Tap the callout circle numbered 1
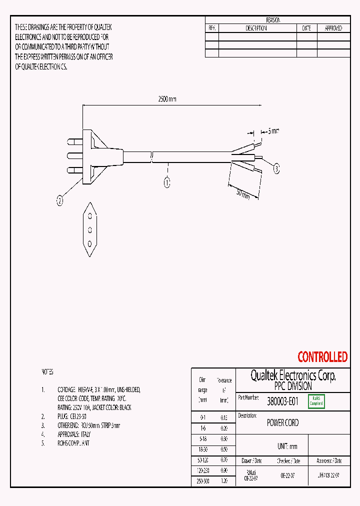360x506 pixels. tap(167, 182)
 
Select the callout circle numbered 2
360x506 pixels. tap(60, 201)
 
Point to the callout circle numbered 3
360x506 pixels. tap(276, 169)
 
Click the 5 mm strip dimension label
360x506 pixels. tap(273, 131)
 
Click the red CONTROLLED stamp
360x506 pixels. tap(322, 357)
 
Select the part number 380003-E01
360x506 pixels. tap(282, 401)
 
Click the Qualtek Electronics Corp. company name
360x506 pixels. tap(292, 376)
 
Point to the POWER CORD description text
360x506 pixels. tap(282, 422)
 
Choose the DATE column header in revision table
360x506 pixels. tap(306, 28)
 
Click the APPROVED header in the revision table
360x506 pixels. tap(333, 28)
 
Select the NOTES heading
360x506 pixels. tap(46, 372)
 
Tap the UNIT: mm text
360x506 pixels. tap(287, 446)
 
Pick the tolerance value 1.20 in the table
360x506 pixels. tap(224, 481)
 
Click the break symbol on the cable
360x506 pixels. tap(152, 156)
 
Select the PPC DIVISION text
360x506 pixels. tap(292, 386)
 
